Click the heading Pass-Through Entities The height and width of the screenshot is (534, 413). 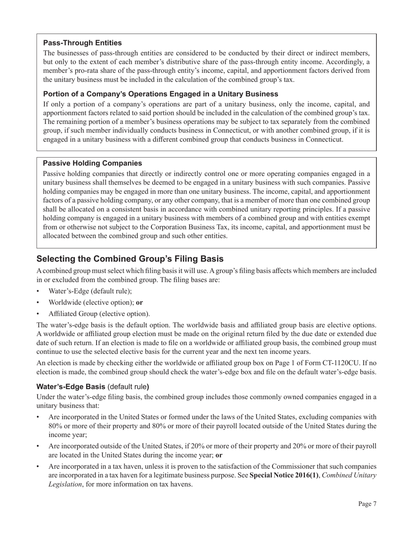tap(82, 43)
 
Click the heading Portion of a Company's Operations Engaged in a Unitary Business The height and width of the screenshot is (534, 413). tap(160, 94)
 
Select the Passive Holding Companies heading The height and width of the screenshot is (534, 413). tap(92, 163)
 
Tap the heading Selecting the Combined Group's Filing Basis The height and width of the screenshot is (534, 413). tap(130, 259)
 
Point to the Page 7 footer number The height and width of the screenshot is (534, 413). tap(367, 504)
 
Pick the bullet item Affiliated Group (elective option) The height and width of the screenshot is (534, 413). tap(99, 313)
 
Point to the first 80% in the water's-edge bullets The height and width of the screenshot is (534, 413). tap(55, 426)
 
